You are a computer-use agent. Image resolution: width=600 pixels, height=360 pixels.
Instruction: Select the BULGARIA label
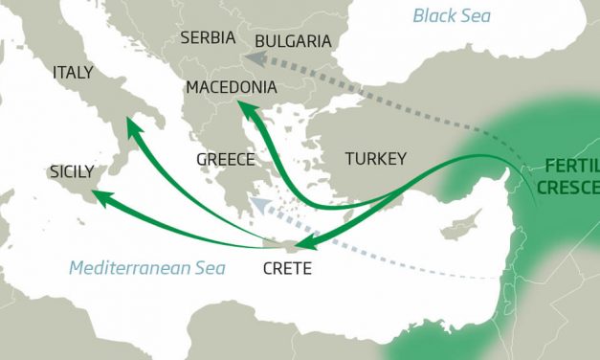coord(293,41)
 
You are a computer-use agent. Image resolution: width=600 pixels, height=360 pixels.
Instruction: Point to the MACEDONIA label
coord(233,87)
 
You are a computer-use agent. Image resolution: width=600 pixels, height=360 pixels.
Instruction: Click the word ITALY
coord(74,73)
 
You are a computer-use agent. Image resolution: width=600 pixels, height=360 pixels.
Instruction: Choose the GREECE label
coord(225,159)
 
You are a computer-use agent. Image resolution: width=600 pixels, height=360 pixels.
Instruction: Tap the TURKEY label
coord(376,158)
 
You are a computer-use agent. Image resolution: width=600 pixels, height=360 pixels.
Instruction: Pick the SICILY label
coord(71,172)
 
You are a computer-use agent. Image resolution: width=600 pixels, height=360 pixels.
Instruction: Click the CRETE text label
coord(287,268)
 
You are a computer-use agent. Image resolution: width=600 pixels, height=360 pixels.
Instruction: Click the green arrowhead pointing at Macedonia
coord(244,110)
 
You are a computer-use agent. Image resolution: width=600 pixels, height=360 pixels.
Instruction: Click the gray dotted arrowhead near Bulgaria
coord(248,57)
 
